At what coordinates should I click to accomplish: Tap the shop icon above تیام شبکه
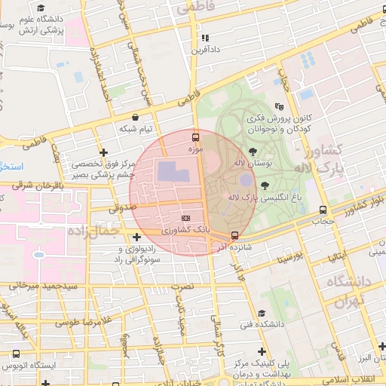135,118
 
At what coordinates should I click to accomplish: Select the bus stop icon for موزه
196,137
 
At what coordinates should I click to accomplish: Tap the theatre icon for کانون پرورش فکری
280,107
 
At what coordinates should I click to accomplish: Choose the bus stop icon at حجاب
323,210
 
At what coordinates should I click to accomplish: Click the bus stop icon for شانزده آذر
235,235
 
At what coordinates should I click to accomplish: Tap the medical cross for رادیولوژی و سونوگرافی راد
136,237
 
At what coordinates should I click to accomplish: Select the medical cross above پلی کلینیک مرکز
262,351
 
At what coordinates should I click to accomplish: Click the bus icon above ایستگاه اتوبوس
17,353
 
